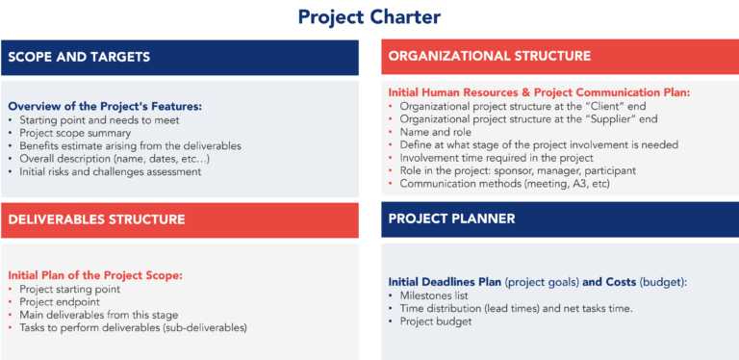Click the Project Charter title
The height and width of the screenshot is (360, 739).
[x=369, y=17]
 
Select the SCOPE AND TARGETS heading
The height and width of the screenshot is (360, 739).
[x=79, y=57]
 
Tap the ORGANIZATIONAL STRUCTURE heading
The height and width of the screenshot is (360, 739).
[x=489, y=56]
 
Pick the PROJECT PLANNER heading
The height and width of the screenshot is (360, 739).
[x=451, y=219]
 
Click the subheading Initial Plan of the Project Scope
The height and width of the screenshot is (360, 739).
[x=94, y=275]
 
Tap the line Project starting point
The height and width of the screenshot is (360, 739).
[x=67, y=288]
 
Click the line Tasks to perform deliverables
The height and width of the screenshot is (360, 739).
[x=132, y=327]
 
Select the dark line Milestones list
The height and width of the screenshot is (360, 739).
[x=434, y=296]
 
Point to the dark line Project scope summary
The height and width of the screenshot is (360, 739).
[x=72, y=134]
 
